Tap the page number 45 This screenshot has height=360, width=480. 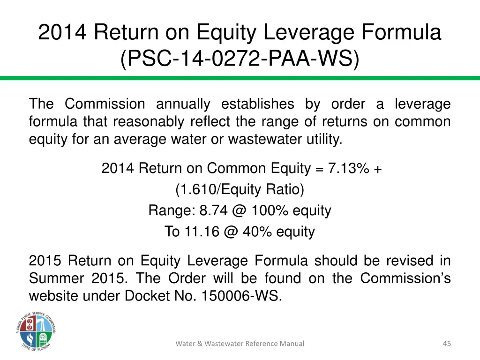click(x=447, y=344)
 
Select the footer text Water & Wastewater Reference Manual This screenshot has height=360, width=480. click(x=240, y=344)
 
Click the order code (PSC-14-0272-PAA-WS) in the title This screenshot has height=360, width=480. click(x=240, y=60)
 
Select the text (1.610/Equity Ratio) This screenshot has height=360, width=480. click(x=240, y=189)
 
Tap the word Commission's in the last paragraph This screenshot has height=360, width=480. click(x=405, y=278)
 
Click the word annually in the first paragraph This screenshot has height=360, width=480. click(x=183, y=104)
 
